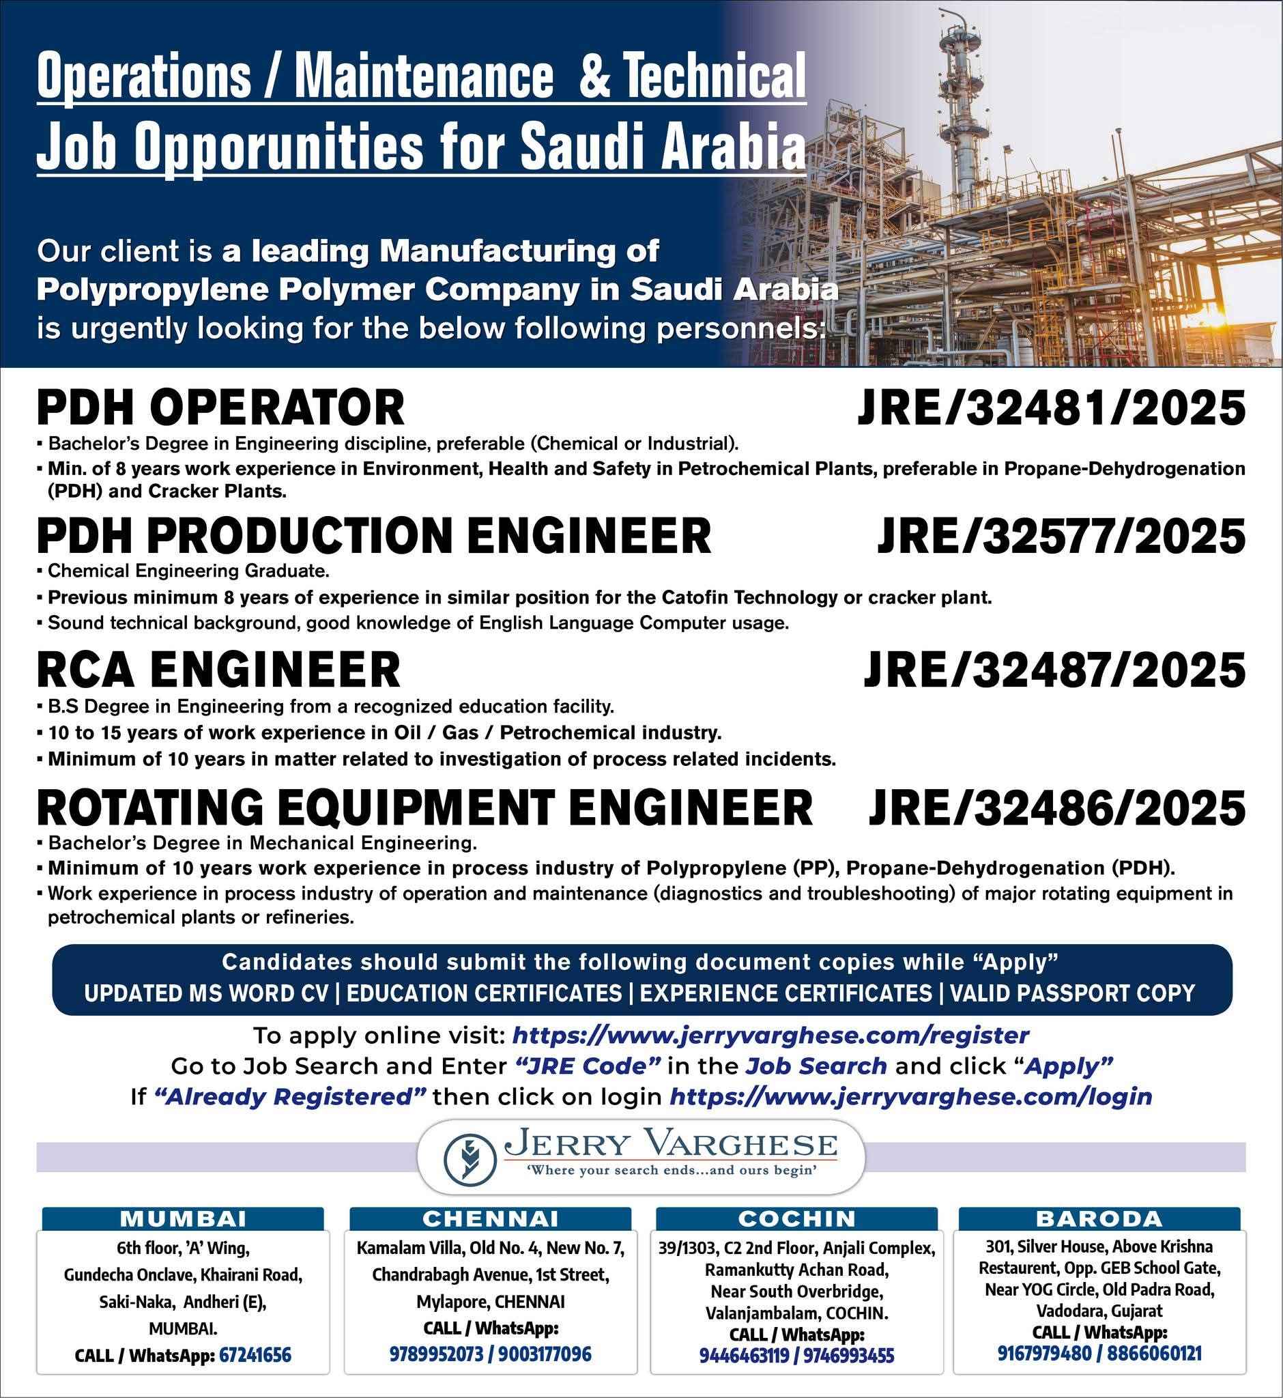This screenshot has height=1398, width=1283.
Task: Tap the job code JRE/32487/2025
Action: (1053, 671)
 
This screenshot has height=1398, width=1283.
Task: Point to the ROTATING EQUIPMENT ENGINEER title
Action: (424, 807)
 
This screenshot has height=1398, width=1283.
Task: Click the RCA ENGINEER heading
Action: (218, 671)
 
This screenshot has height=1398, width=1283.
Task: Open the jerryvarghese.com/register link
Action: (770, 1036)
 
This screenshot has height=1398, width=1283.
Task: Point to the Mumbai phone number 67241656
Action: (255, 1355)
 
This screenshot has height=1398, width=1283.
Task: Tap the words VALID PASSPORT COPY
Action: (1072, 993)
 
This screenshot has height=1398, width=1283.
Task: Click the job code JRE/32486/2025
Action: (1056, 807)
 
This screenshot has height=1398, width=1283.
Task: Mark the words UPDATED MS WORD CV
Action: (206, 993)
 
